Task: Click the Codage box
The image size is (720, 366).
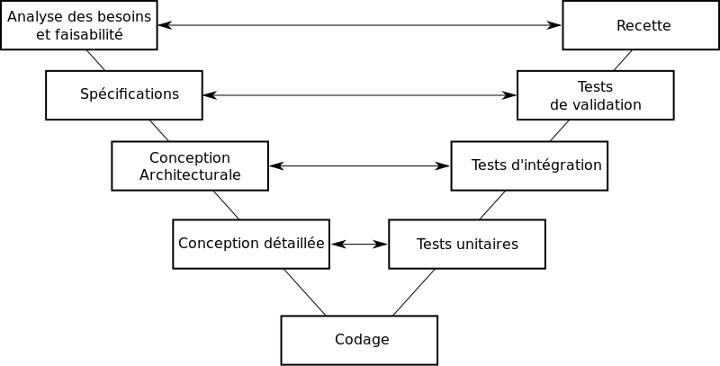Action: (359, 340)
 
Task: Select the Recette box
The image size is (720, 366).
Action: (642, 25)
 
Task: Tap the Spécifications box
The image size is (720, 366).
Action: (124, 94)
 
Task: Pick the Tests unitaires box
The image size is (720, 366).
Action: (467, 244)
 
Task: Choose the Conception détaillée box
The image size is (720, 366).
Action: (251, 244)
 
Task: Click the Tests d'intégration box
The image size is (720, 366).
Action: (529, 165)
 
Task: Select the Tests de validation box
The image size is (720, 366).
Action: (595, 95)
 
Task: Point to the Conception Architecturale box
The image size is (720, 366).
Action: (190, 165)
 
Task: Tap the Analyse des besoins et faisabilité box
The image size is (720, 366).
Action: (79, 25)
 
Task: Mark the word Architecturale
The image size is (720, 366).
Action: (190, 174)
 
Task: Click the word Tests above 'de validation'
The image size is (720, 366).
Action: (595, 86)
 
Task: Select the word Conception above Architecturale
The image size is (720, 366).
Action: (190, 157)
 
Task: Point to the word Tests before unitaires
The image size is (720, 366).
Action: (435, 244)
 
